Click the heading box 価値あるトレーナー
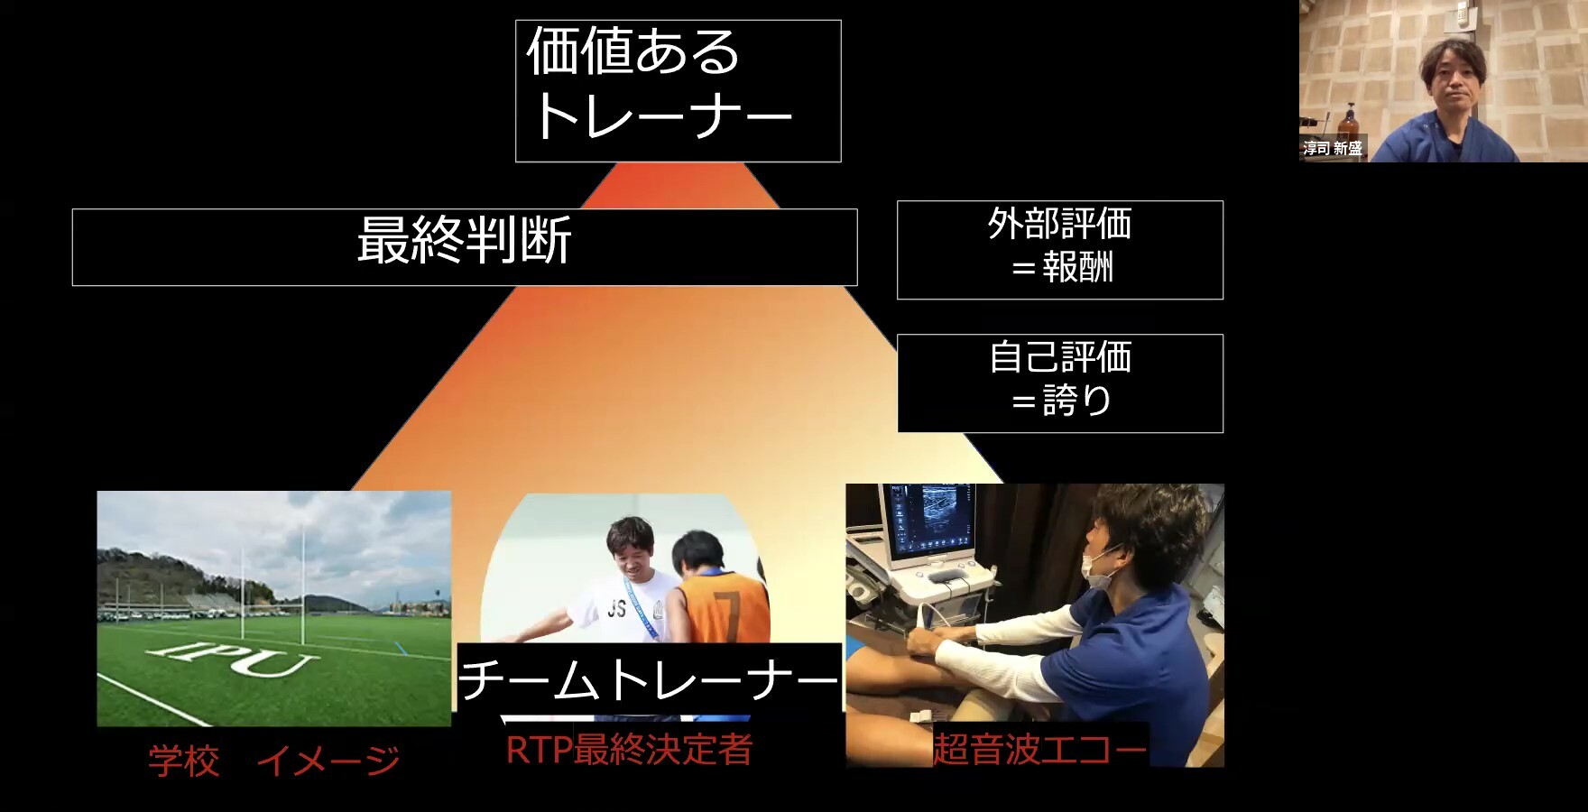(679, 91)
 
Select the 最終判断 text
(465, 241)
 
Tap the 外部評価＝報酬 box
(1060, 250)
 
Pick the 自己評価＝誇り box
(1060, 383)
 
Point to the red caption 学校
(184, 761)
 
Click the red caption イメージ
(328, 761)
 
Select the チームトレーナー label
(649, 678)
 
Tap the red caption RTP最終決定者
(629, 750)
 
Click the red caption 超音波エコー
(1040, 749)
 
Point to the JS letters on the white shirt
(616, 609)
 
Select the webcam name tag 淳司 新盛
(1333, 148)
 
